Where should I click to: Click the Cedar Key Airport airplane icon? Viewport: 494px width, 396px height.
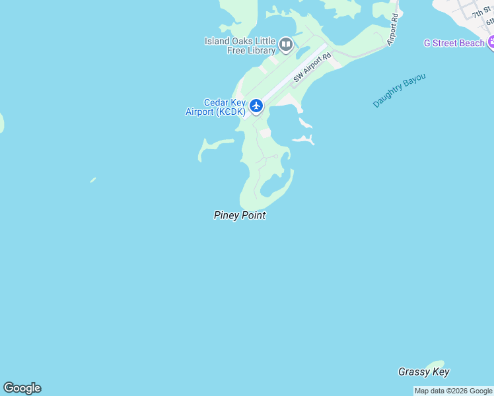(256, 106)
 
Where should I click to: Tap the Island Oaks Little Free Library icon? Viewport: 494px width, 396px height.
(286, 45)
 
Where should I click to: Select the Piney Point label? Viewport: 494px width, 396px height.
(240, 215)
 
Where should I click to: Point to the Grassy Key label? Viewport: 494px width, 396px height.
(423, 372)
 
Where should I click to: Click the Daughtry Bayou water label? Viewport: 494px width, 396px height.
(399, 90)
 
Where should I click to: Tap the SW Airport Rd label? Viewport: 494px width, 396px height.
(311, 68)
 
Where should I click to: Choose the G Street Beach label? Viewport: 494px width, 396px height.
(454, 44)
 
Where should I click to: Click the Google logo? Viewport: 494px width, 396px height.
(22, 388)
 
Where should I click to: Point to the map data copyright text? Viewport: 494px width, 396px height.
(453, 391)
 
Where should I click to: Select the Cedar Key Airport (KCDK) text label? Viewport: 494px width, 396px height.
(215, 108)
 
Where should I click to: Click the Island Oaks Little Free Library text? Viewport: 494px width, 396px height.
(240, 46)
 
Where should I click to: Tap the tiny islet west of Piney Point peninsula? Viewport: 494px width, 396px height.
(93, 180)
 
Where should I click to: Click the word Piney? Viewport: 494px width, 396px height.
(226, 215)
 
